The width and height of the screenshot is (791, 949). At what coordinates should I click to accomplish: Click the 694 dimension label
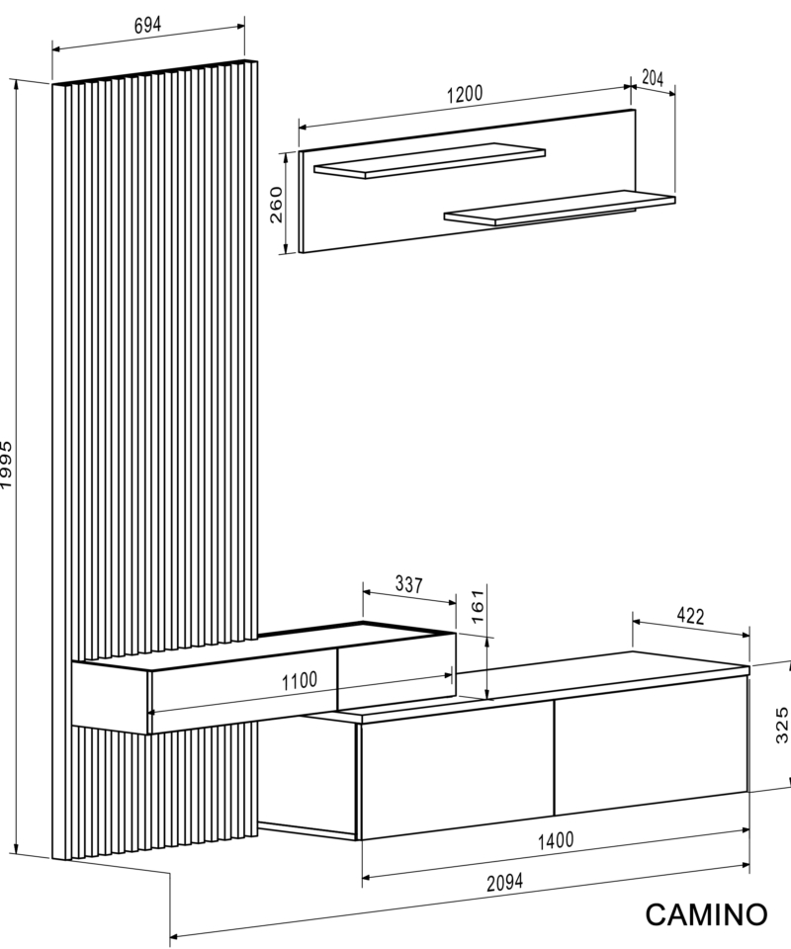click(x=147, y=25)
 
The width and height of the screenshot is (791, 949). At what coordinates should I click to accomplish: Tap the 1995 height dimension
click(x=6, y=465)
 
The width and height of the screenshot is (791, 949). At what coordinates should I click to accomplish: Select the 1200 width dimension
click(x=465, y=95)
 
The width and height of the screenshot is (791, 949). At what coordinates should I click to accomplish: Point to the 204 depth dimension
click(x=653, y=78)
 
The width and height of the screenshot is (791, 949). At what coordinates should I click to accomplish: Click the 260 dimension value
click(x=276, y=205)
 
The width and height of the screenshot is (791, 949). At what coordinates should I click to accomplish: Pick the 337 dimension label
click(x=409, y=584)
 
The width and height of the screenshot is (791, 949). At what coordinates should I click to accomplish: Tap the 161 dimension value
click(x=478, y=606)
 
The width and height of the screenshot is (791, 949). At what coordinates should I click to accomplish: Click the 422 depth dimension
click(x=690, y=616)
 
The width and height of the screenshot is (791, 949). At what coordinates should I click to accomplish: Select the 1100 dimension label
click(x=300, y=681)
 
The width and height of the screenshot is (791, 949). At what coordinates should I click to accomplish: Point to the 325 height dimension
click(x=782, y=725)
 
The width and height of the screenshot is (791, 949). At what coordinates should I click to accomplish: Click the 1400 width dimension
click(x=556, y=840)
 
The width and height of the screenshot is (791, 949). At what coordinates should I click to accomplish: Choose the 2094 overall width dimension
click(x=504, y=883)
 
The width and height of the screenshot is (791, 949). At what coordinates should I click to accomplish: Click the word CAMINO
click(x=706, y=914)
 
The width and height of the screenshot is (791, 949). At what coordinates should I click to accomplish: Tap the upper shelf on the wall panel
click(x=430, y=160)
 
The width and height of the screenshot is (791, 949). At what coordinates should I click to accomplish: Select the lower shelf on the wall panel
click(x=560, y=208)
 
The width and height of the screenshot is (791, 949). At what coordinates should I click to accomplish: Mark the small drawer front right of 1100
click(x=395, y=671)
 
